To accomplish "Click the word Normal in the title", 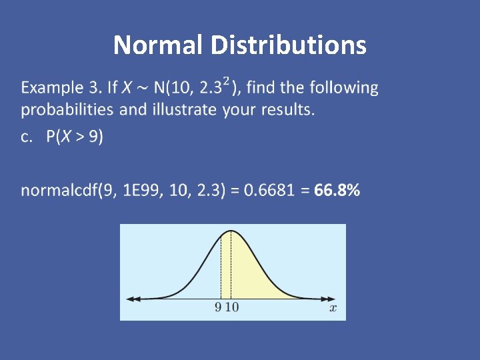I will click(159, 45).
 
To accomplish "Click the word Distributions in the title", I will click(288, 45).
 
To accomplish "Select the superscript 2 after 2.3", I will click(227, 81).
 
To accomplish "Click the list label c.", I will click(27, 137).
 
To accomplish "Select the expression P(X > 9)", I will click(75, 137).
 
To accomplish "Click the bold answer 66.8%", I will click(337, 191).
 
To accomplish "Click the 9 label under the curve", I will click(219, 307).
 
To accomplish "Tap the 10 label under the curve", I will click(231, 307).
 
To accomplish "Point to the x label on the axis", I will click(333, 307).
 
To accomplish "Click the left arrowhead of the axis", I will click(130, 299).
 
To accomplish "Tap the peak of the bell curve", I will click(231, 231).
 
